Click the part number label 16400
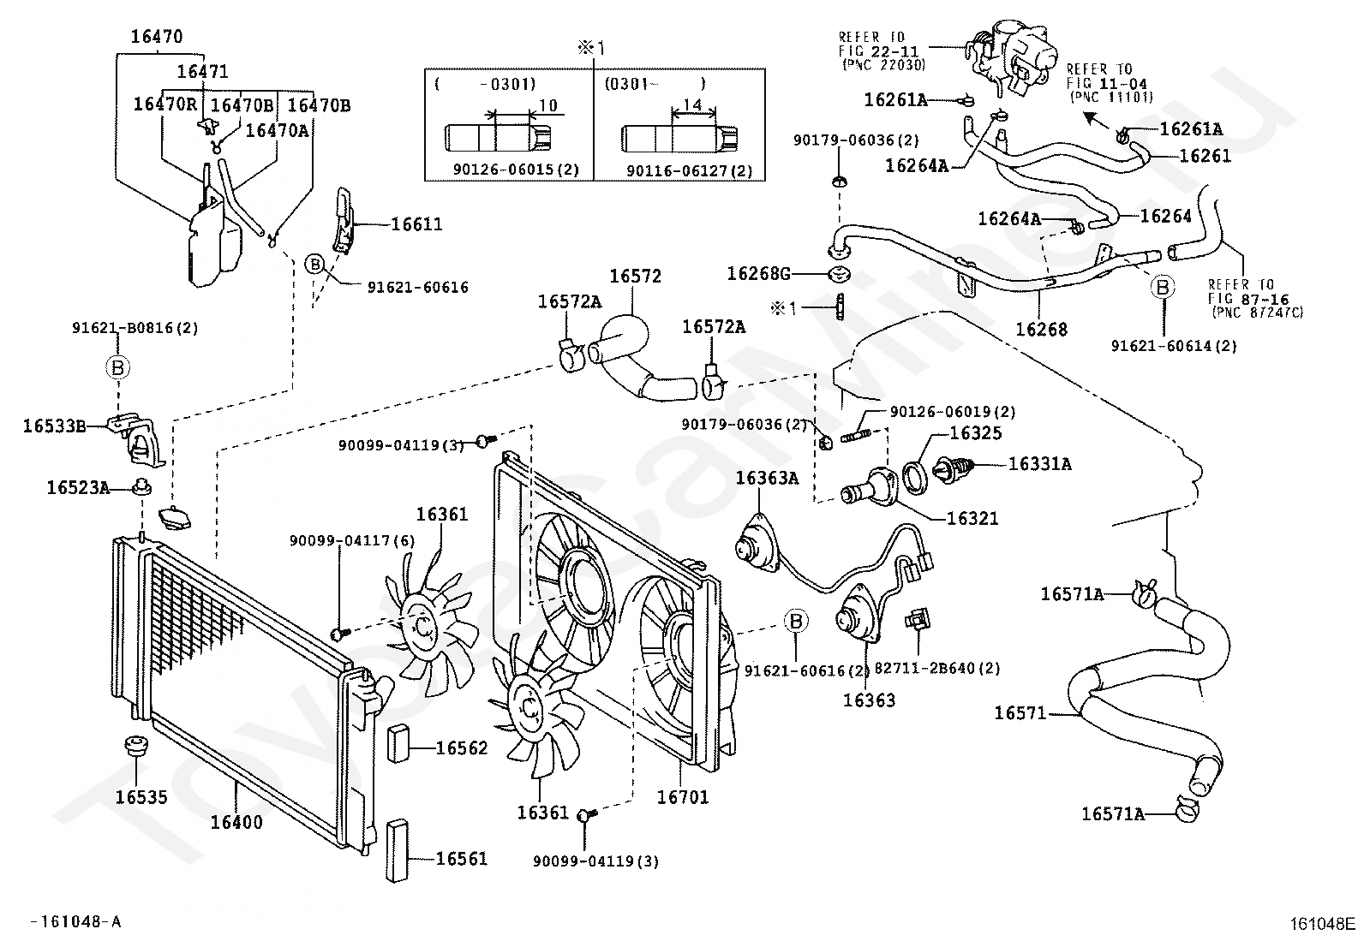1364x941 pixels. tap(236, 822)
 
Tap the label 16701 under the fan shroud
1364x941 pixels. tap(683, 797)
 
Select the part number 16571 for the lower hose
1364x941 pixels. tap(1020, 712)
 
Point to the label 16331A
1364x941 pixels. tap(1040, 464)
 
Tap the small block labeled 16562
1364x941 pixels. tap(398, 744)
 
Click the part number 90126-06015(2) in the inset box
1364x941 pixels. tap(516, 170)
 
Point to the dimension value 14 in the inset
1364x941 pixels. tap(692, 104)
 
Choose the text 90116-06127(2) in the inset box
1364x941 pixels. tap(690, 171)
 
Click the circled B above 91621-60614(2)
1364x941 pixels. tap(1163, 287)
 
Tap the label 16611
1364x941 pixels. tap(416, 224)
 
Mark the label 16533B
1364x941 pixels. tap(54, 426)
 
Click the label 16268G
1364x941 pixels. tap(759, 274)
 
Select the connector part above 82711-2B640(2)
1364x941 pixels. tap(917, 618)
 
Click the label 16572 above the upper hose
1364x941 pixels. tap(635, 277)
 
